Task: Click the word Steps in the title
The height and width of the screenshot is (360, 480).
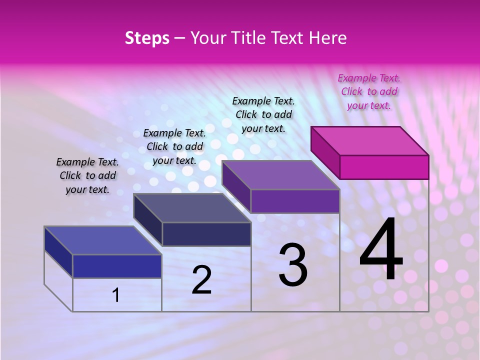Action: pyautogui.click(x=147, y=38)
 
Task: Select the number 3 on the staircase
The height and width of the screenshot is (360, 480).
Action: pyautogui.click(x=293, y=265)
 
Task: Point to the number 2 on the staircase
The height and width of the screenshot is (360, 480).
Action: pyautogui.click(x=201, y=280)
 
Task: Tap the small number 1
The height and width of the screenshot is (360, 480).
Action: pyautogui.click(x=116, y=295)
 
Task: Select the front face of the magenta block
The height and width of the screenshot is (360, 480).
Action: pyautogui.click(x=384, y=167)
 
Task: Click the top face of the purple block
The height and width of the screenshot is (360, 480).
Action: pyautogui.click(x=281, y=175)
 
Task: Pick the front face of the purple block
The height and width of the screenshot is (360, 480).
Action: pyautogui.click(x=295, y=201)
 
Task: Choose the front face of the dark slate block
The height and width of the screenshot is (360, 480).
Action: pyautogui.click(x=206, y=234)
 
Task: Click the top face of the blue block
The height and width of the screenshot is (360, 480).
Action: pyautogui.click(x=103, y=240)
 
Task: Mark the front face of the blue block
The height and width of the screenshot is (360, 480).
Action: pyautogui.click(x=117, y=266)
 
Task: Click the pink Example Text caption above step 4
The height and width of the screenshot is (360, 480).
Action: pyautogui.click(x=369, y=91)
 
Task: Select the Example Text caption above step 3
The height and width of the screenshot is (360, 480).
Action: pyautogui.click(x=263, y=114)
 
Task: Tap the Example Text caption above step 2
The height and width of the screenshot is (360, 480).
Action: pyautogui.click(x=174, y=146)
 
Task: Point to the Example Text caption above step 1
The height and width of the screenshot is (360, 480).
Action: pyautogui.click(x=87, y=175)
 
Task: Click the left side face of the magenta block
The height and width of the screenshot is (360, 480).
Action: pyautogui.click(x=325, y=152)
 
